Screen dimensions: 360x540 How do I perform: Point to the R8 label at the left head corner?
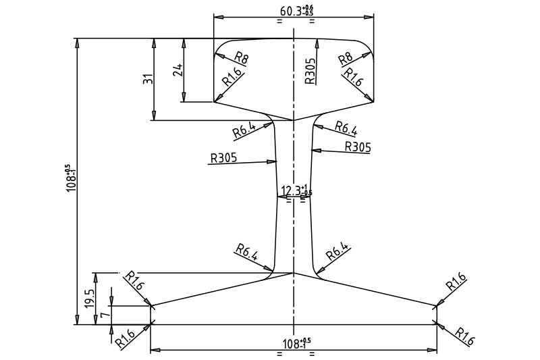pyautogui.click(x=241, y=58)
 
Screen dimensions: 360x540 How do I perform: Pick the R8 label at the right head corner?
pyautogui.click(x=346, y=58)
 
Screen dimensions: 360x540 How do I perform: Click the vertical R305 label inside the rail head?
pyautogui.click(x=310, y=70)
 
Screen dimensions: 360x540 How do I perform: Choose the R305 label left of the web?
pyautogui.click(x=223, y=159)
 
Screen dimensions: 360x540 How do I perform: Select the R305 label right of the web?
pyautogui.click(x=358, y=147)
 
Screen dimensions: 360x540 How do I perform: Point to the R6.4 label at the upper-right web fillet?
pyautogui.click(x=345, y=128)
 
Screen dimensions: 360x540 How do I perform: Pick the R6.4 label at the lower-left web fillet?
pyautogui.click(x=247, y=253)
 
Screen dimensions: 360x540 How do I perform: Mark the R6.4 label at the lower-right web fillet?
pyautogui.click(x=337, y=253)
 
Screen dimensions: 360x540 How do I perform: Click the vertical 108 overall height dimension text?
pyautogui.click(x=70, y=178)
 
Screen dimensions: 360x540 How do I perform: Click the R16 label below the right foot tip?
pyautogui.click(x=464, y=336)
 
